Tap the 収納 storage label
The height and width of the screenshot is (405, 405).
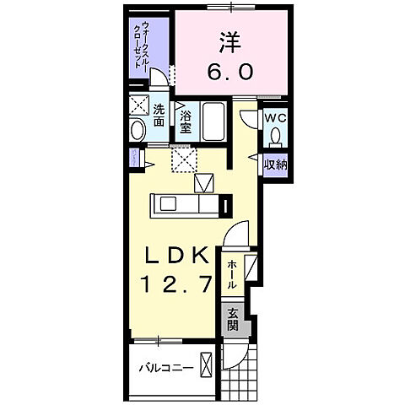tap(276, 164)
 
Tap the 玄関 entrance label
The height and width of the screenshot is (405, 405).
tap(232, 317)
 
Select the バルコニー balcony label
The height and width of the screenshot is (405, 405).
tap(168, 369)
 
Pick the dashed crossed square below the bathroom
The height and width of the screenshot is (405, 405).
tap(181, 159)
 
